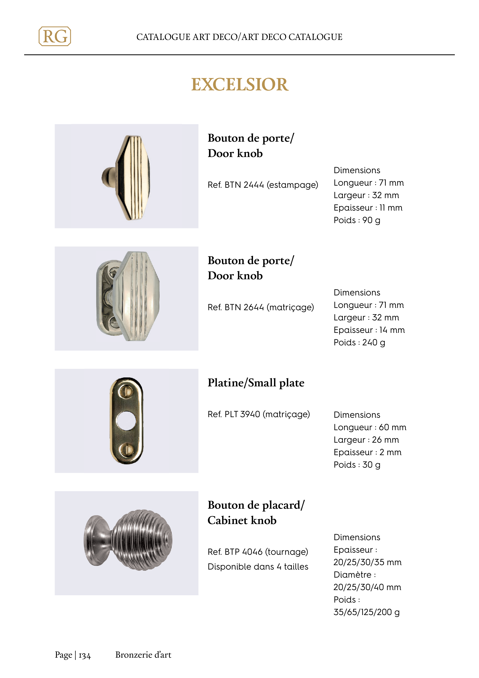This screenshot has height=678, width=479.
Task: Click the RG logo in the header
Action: pos(55,36)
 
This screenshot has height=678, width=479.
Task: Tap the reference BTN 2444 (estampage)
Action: pos(263,185)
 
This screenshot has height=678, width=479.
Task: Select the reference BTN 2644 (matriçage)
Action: pos(261,307)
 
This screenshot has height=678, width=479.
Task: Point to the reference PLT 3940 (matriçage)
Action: pos(259,414)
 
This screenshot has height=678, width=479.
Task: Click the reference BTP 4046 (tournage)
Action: pos(258,552)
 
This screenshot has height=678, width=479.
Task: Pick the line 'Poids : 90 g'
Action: pos(357,220)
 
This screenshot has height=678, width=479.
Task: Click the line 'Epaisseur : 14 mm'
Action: pos(369,330)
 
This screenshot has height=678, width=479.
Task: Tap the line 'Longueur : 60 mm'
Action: pos(370,427)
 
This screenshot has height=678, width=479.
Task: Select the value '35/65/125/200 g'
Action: pos(366,612)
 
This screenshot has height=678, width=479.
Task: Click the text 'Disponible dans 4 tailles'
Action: pos(258,567)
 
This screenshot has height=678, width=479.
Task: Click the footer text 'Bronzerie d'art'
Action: pos(143,655)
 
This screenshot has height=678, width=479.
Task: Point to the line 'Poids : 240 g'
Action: pos(359,342)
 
